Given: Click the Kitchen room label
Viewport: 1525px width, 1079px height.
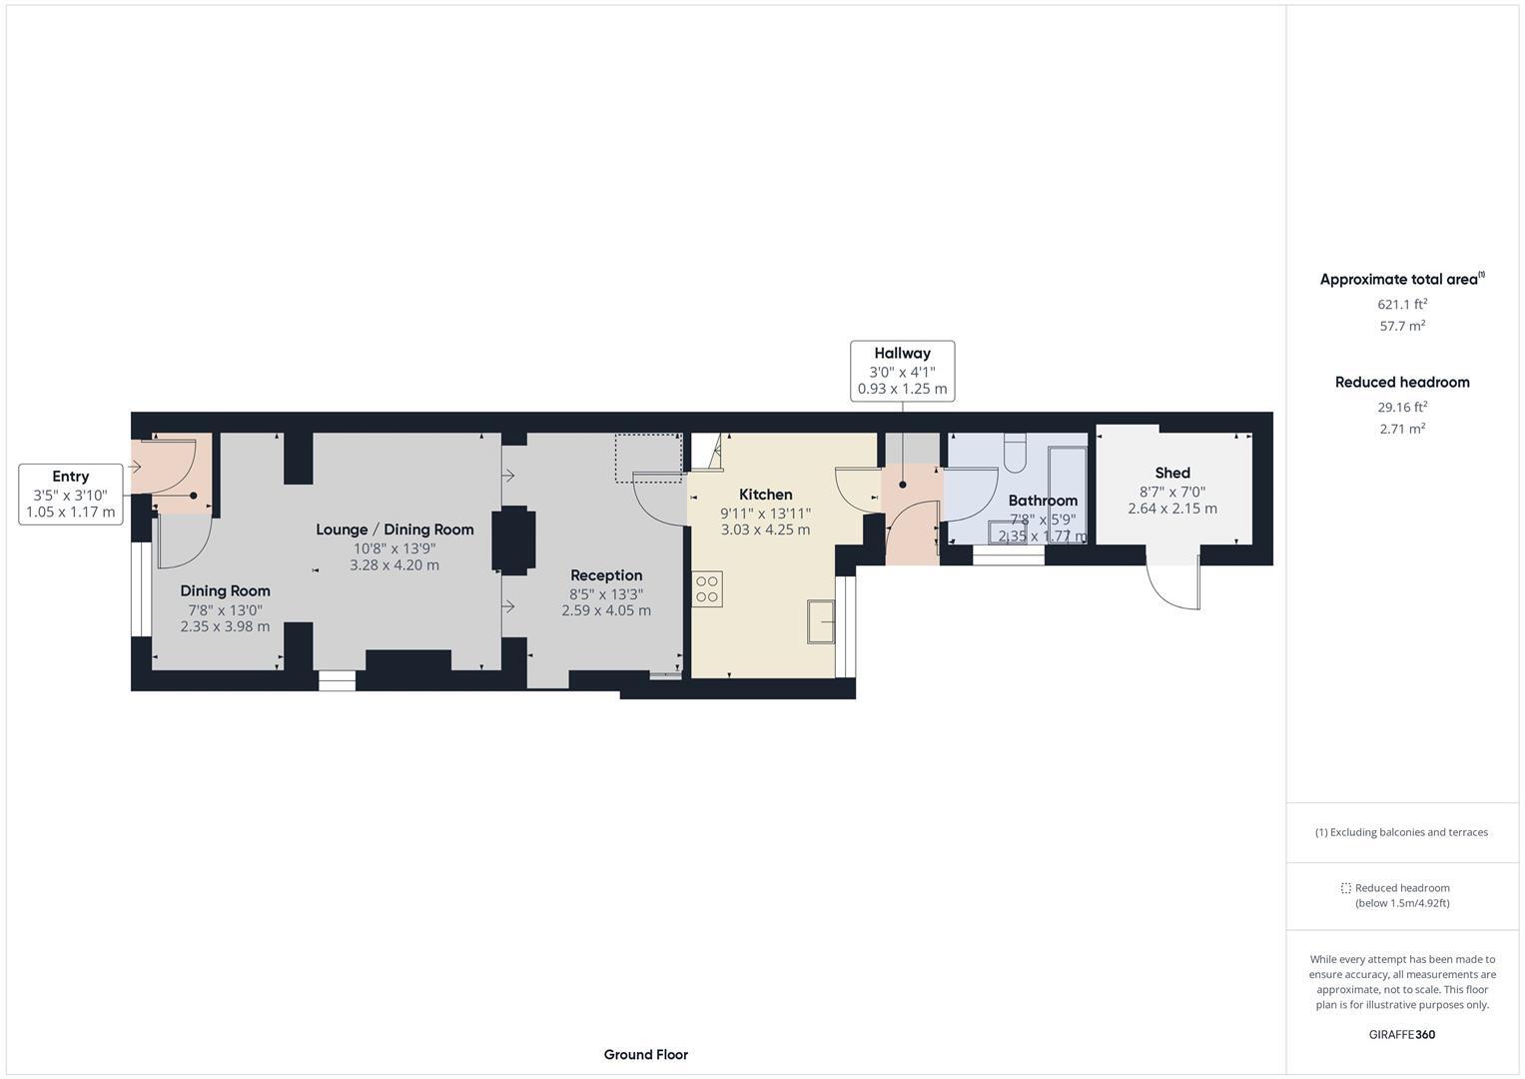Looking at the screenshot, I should coord(765,495).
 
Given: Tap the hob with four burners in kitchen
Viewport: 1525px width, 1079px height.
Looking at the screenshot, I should coord(707,588).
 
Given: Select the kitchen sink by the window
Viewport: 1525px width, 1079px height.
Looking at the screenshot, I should coord(821,622).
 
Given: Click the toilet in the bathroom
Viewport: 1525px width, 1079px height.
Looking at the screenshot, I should coord(1014,454).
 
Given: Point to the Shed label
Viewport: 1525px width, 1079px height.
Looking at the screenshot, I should coord(1172,473).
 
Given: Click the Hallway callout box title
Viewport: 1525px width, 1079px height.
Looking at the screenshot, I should coord(902,353).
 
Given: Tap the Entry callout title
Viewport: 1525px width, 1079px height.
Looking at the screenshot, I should coord(70,477).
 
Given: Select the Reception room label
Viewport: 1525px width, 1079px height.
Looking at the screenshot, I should coord(606,575).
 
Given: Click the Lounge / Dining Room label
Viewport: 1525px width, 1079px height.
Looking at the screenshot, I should coord(394,530).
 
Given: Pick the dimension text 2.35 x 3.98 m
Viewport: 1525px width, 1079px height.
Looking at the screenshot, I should coord(225,626).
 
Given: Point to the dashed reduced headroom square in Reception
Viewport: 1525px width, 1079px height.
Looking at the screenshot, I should coord(647,457).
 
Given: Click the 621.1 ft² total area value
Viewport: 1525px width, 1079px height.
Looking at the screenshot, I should coord(1402,305).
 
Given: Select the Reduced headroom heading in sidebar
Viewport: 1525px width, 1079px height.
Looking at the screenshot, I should coord(1402,382).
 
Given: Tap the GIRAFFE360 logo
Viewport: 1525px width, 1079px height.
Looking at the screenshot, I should coord(1401,1034).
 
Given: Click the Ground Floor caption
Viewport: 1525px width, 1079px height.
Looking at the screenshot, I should coord(645,1054).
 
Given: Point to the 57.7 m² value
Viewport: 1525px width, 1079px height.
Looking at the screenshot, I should coord(1402,326).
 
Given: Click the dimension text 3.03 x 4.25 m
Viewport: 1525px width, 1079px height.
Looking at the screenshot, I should coord(765,530).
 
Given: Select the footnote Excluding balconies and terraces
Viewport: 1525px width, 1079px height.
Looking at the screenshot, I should coord(1401,832).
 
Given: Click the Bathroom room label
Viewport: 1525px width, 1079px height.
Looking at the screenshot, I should coord(1043,501).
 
